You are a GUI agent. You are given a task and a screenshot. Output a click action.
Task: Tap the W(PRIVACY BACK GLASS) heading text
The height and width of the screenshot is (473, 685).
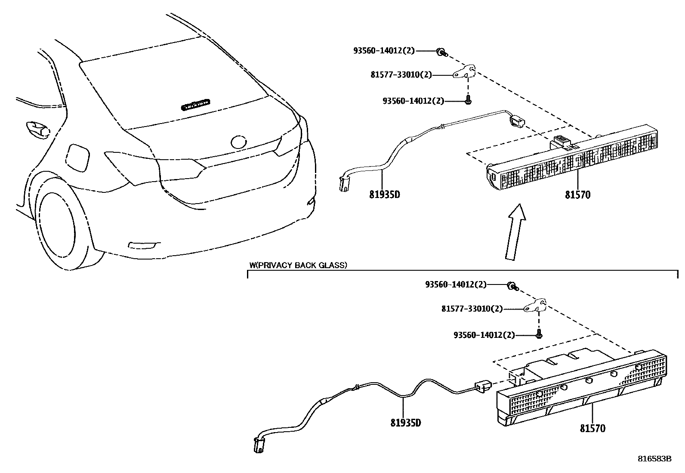tap(298, 265)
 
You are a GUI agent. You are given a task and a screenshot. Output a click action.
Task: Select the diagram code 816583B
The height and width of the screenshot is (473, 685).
tap(654, 459)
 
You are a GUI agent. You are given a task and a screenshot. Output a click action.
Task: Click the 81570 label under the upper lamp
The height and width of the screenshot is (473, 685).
tap(577, 195)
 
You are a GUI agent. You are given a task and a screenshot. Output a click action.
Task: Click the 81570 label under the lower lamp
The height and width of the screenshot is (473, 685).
tap(592, 429)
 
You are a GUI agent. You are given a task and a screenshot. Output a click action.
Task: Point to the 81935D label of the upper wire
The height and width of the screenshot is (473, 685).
tap(384, 195)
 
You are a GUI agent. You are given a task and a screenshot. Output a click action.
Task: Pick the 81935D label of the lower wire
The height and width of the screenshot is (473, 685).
tap(405, 423)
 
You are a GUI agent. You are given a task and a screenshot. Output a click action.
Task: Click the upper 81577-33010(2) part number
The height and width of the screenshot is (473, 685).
tap(401, 74)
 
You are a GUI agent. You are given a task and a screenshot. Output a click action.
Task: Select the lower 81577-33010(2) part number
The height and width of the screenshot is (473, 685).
tap(472, 309)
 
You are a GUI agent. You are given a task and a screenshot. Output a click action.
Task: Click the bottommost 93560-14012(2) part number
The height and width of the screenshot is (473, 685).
tap(484, 335)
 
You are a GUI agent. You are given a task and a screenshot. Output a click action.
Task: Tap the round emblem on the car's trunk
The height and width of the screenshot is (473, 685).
tap(238, 142)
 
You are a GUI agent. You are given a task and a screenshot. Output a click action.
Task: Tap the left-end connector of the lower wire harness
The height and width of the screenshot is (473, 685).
tap(259, 444)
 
